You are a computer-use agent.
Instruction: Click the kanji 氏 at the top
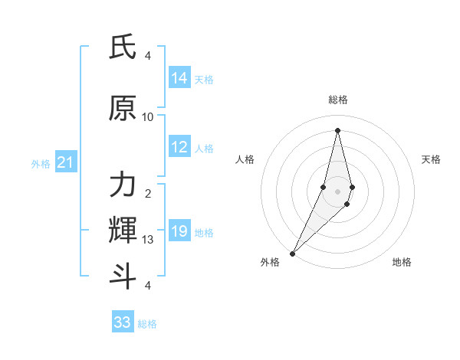click(123, 48)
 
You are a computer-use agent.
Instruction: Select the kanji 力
click(123, 185)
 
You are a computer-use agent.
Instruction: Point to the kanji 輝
click(123, 229)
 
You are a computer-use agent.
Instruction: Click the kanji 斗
click(123, 275)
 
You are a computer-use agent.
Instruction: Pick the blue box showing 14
click(179, 78)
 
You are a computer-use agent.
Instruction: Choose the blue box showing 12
click(179, 148)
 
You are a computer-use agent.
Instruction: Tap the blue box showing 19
click(179, 232)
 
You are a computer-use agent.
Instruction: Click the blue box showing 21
click(65, 163)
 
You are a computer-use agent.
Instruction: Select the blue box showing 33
click(123, 322)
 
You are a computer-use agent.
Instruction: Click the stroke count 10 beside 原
click(148, 117)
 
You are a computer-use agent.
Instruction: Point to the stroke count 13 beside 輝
click(148, 239)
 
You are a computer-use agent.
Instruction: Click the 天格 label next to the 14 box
click(204, 79)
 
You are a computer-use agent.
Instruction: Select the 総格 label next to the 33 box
click(147, 323)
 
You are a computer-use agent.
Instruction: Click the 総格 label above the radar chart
click(337, 100)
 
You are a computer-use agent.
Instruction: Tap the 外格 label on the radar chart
click(270, 262)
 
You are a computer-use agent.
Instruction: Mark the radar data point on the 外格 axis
click(292, 253)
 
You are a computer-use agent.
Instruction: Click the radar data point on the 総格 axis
click(337, 130)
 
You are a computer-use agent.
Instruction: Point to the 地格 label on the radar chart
click(402, 262)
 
